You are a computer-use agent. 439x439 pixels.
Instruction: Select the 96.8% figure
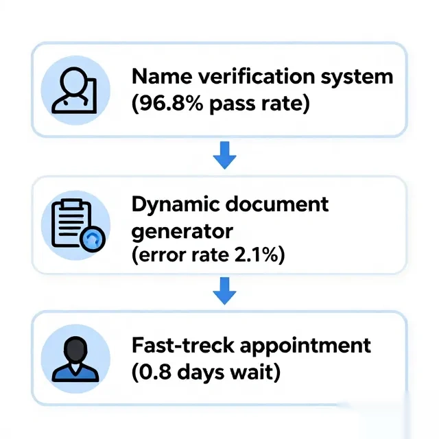tap(170, 104)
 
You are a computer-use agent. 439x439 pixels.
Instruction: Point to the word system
tap(357, 78)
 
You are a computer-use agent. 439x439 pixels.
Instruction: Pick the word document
tap(277, 204)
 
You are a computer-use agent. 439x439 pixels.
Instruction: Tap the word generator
tap(182, 232)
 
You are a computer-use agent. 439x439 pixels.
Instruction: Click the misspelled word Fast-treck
tap(183, 345)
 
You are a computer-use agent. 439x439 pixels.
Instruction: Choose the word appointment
tap(305, 346)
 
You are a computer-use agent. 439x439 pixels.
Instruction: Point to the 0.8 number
tap(155, 372)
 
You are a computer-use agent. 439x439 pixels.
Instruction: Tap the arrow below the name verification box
tap(224, 156)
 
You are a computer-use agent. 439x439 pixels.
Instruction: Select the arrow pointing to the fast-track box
tap(224, 291)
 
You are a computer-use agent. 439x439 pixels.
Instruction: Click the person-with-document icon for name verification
tap(75, 90)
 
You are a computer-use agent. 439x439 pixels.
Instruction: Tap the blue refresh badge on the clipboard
tap(93, 239)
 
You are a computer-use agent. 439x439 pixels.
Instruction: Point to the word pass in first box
tap(233, 104)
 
